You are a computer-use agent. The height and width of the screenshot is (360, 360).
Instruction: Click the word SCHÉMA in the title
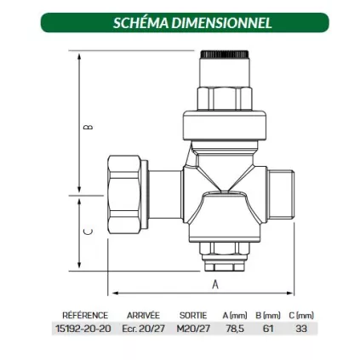coord(140,23)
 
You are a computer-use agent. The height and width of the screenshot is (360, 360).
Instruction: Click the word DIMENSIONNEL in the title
coord(221,23)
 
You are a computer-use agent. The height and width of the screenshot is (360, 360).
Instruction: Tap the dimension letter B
coord(88,127)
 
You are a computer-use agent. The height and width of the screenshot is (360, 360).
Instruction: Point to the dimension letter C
coord(88,231)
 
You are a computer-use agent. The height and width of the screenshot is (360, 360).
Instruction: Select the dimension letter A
coord(215,284)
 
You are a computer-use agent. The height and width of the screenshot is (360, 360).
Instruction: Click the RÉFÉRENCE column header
coord(85,315)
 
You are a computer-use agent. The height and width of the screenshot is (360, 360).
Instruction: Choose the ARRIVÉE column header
coord(143,315)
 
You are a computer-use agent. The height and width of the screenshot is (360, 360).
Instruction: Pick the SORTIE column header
coord(193,315)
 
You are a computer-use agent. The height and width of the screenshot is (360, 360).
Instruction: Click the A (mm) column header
coord(235,315)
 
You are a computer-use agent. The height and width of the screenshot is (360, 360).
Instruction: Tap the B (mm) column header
coord(268,315)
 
